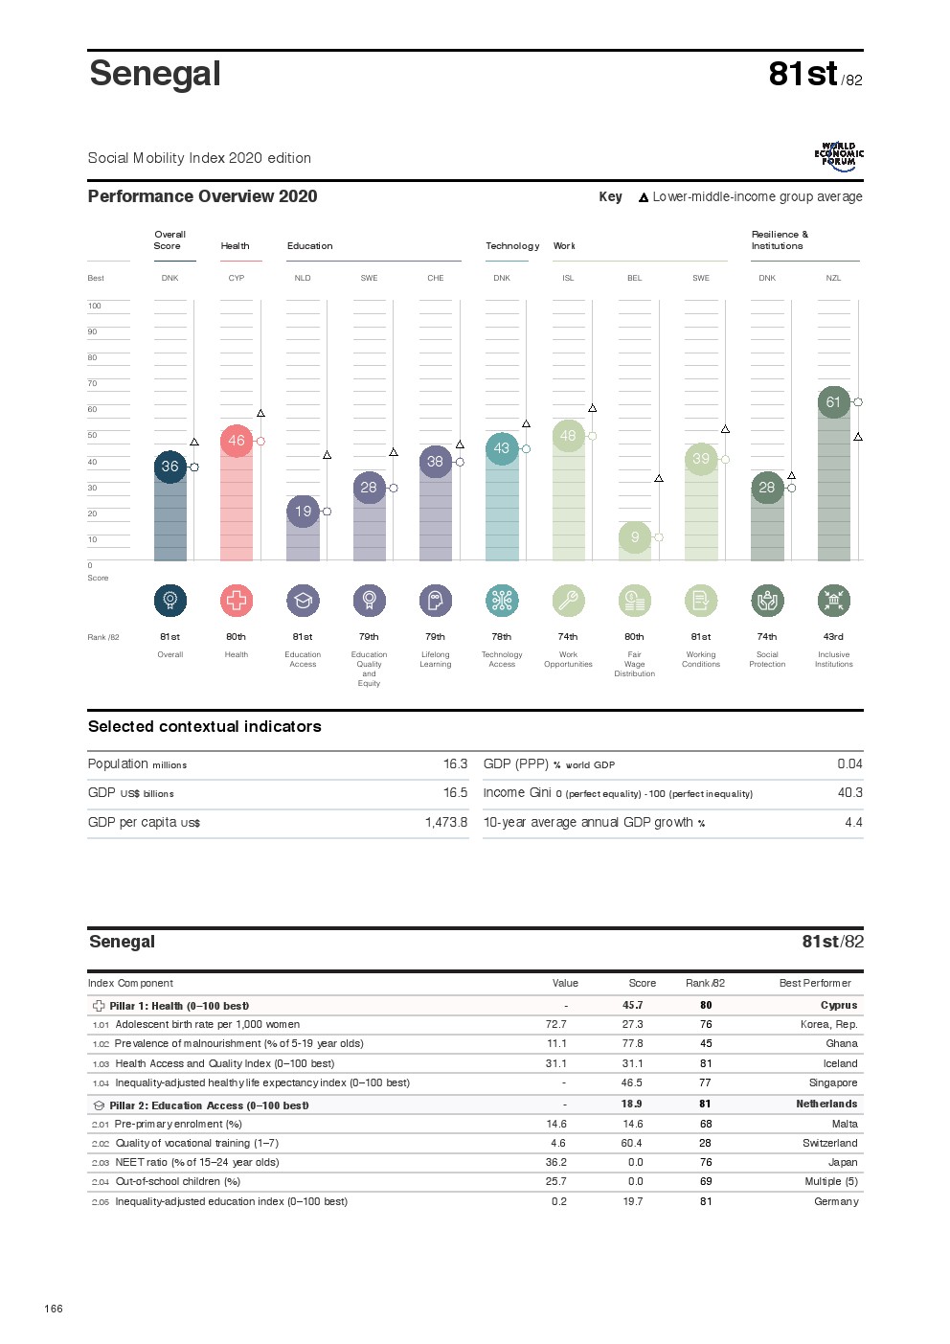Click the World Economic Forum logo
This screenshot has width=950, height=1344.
(838, 156)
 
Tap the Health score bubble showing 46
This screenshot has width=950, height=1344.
(237, 441)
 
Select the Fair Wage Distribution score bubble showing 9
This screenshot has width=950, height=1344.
(635, 537)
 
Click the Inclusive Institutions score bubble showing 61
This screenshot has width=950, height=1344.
(833, 402)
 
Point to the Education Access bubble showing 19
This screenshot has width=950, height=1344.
(303, 512)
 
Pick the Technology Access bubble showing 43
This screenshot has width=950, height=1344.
(502, 448)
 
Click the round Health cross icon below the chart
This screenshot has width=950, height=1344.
(237, 601)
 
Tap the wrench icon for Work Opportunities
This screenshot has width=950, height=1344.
(568, 601)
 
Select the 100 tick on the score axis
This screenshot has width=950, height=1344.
(95, 307)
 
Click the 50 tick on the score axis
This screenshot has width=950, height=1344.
(93, 436)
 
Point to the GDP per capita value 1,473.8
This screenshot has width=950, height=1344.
(446, 823)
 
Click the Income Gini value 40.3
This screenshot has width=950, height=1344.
(849, 793)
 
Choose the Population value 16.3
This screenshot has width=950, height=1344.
(455, 764)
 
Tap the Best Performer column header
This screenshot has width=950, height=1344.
(815, 984)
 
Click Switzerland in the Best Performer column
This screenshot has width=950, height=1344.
(829, 1144)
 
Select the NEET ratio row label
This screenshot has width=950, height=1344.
(196, 1163)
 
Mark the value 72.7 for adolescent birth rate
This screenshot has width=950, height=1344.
(555, 1025)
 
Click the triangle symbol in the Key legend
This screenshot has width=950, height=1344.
(644, 197)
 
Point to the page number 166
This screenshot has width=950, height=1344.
(54, 1309)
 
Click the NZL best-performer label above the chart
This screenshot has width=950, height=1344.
(833, 279)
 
